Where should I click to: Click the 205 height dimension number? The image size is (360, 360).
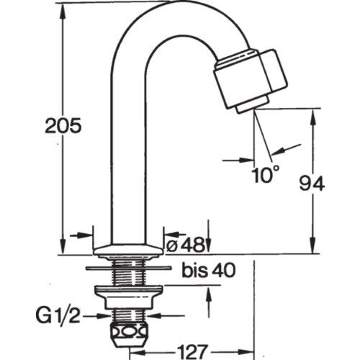[x=63, y=126]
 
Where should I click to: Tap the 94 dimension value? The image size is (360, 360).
[x=312, y=184]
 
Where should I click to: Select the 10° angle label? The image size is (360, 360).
[x=266, y=174]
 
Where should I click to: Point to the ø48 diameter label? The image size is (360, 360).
[x=184, y=245]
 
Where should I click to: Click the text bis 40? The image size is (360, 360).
[x=209, y=271]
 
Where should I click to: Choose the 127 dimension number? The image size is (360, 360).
[x=192, y=352]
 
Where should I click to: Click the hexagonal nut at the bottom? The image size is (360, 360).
[x=129, y=336]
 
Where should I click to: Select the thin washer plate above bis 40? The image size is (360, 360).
[x=129, y=268]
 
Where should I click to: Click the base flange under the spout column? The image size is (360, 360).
[x=129, y=251]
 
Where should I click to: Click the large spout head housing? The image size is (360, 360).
[x=251, y=78]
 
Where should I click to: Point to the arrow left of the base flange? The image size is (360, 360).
[x=81, y=235]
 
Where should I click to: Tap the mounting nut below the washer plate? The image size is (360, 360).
[x=129, y=297]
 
